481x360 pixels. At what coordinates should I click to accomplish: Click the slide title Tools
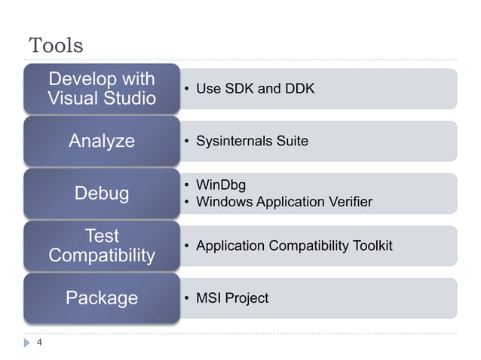point(55,45)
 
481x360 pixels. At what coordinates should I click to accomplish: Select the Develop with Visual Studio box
point(101,89)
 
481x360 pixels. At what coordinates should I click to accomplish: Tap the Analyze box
point(101,141)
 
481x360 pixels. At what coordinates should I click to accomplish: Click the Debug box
point(101,194)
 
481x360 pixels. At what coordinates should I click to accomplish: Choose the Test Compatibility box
point(101,246)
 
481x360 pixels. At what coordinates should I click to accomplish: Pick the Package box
point(101,298)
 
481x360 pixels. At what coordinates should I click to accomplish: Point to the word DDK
point(299,90)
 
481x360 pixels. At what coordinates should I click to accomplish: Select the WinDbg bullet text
point(220,185)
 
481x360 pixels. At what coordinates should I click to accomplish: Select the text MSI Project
point(231,299)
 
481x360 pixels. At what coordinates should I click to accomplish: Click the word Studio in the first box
point(130,99)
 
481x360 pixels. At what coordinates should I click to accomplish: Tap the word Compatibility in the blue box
point(101,256)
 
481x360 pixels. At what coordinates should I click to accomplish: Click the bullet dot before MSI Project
point(186,299)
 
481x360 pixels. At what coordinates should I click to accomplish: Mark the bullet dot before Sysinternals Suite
point(186,142)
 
